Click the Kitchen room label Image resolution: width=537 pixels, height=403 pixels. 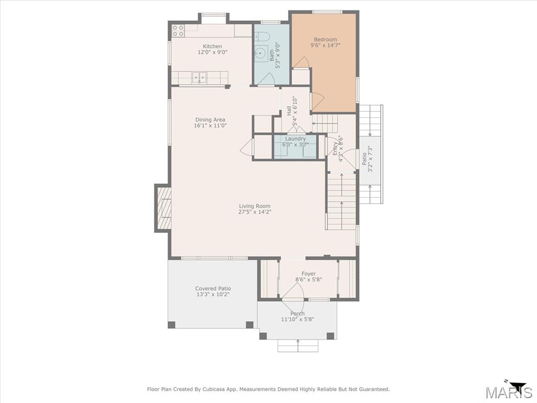(212, 46)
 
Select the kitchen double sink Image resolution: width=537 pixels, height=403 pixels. (199, 78)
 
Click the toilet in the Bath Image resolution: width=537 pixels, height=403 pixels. (262, 36)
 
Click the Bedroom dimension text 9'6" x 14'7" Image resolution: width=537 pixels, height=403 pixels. (325, 45)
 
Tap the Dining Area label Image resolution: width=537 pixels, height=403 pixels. (210, 120)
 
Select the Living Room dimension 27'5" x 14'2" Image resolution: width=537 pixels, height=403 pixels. (255, 212)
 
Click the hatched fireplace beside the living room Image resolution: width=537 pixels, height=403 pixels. (164, 208)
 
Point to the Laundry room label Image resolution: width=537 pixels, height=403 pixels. (295, 139)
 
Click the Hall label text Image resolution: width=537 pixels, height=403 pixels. (289, 111)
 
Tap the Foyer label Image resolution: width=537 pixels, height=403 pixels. (308, 273)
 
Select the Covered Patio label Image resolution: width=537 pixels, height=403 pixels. (213, 289)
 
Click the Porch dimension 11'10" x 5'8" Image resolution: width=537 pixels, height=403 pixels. (298, 320)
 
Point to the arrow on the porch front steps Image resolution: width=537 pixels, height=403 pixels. (298, 345)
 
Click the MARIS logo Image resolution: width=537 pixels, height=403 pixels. (509, 391)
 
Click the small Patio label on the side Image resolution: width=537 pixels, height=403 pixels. (364, 158)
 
